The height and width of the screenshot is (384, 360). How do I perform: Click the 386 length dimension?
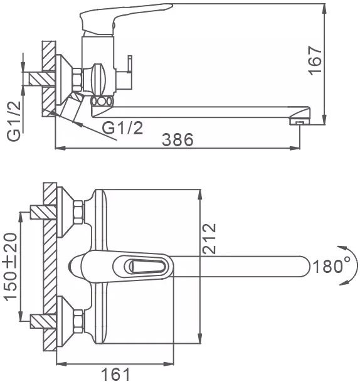pyautogui.click(x=177, y=139)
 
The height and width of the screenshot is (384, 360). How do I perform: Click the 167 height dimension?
pyautogui.click(x=315, y=60)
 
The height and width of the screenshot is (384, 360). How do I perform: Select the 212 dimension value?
pyautogui.click(x=209, y=238)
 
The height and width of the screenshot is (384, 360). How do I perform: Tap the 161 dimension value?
pyautogui.click(x=115, y=375)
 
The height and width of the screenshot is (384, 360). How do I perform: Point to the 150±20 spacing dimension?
pyautogui.click(x=11, y=266)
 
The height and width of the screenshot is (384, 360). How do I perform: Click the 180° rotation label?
pyautogui.click(x=332, y=266)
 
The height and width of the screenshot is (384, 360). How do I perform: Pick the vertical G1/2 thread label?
pyautogui.click(x=14, y=121)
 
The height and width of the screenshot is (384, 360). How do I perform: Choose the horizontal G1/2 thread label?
pyautogui.click(x=122, y=127)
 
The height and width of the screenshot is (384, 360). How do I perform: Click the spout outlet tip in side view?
pyautogui.click(x=299, y=122)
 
